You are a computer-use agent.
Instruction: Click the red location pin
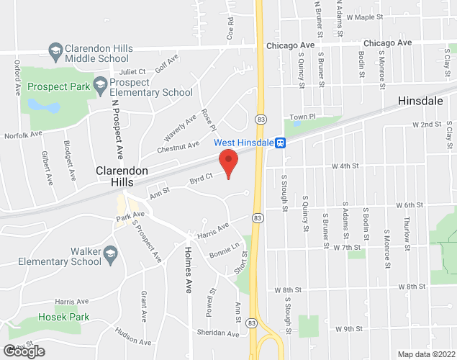(x=229, y=163)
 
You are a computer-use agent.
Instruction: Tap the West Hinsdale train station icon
(x=280, y=143)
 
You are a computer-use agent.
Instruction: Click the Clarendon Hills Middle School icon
(x=55, y=50)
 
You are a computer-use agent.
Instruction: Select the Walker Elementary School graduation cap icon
(x=110, y=253)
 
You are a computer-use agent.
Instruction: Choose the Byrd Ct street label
(x=201, y=177)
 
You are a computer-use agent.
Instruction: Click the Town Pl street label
(x=303, y=117)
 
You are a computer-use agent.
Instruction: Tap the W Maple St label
(x=370, y=17)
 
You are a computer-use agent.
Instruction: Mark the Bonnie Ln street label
(x=224, y=250)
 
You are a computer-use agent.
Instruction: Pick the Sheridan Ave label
(x=217, y=334)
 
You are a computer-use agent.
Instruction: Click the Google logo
(x=23, y=351)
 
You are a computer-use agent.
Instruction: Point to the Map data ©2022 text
(x=426, y=354)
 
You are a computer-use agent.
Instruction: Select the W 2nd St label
(x=426, y=125)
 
